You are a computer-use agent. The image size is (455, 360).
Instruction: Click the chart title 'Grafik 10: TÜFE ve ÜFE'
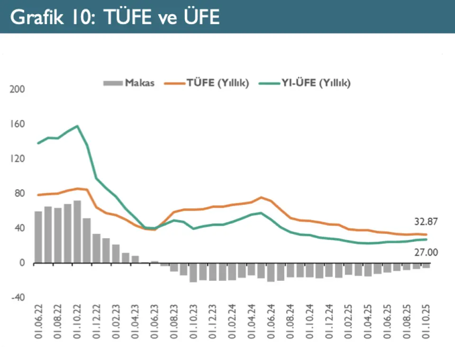pyautogui.click(x=115, y=17)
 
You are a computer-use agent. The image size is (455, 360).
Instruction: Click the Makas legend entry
pyautogui.click(x=129, y=83)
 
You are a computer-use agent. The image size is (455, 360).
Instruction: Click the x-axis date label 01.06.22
pyautogui.click(x=38, y=323)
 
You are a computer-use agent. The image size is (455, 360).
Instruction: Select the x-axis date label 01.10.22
pyautogui.click(x=77, y=323)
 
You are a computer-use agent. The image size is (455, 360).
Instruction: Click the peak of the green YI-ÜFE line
pyautogui.click(x=77, y=126)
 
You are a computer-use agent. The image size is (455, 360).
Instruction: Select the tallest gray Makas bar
pyautogui.click(x=77, y=232)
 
